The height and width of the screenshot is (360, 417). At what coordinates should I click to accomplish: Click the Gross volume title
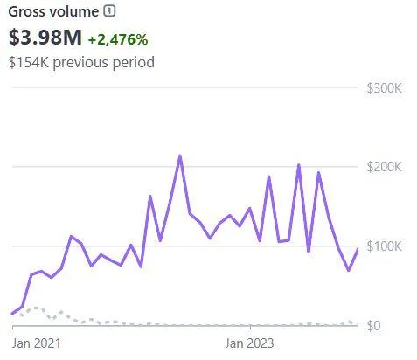(x=52, y=11)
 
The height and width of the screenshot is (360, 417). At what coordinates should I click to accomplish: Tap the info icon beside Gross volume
(x=109, y=11)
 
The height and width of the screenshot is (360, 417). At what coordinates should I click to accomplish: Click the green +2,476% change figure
(x=118, y=39)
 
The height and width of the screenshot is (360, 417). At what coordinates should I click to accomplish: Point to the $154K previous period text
(x=81, y=63)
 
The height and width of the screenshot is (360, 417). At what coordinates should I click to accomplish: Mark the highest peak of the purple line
(x=179, y=156)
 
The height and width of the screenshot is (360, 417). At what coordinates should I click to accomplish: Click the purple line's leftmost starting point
(x=12, y=314)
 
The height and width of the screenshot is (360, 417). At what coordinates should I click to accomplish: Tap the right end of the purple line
(x=358, y=249)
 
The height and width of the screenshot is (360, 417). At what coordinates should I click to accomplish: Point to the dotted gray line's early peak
(x=35, y=308)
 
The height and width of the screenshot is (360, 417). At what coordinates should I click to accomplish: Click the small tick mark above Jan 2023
(x=250, y=329)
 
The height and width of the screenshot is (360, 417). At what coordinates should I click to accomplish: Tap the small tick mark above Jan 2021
(x=14, y=329)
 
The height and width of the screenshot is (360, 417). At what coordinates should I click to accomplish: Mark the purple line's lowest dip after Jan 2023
(x=349, y=270)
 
